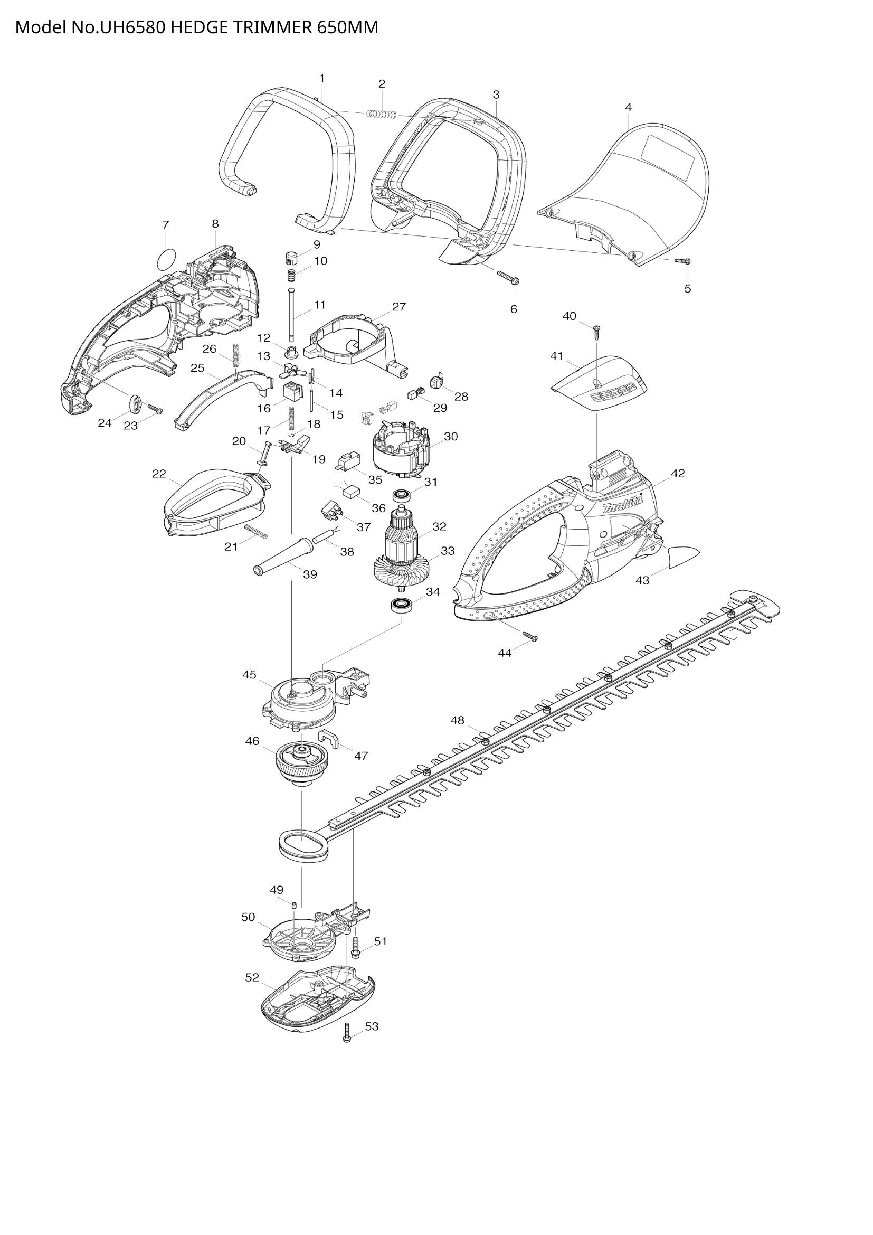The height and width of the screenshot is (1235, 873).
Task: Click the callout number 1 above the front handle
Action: point(321,79)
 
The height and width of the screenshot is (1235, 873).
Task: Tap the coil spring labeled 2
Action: point(381,114)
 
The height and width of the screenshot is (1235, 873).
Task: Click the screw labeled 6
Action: point(508,277)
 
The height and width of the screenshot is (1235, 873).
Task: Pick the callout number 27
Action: point(398,307)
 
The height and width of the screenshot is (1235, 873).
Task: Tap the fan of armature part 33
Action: point(401,569)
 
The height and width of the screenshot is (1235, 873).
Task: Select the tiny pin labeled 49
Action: point(295,906)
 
